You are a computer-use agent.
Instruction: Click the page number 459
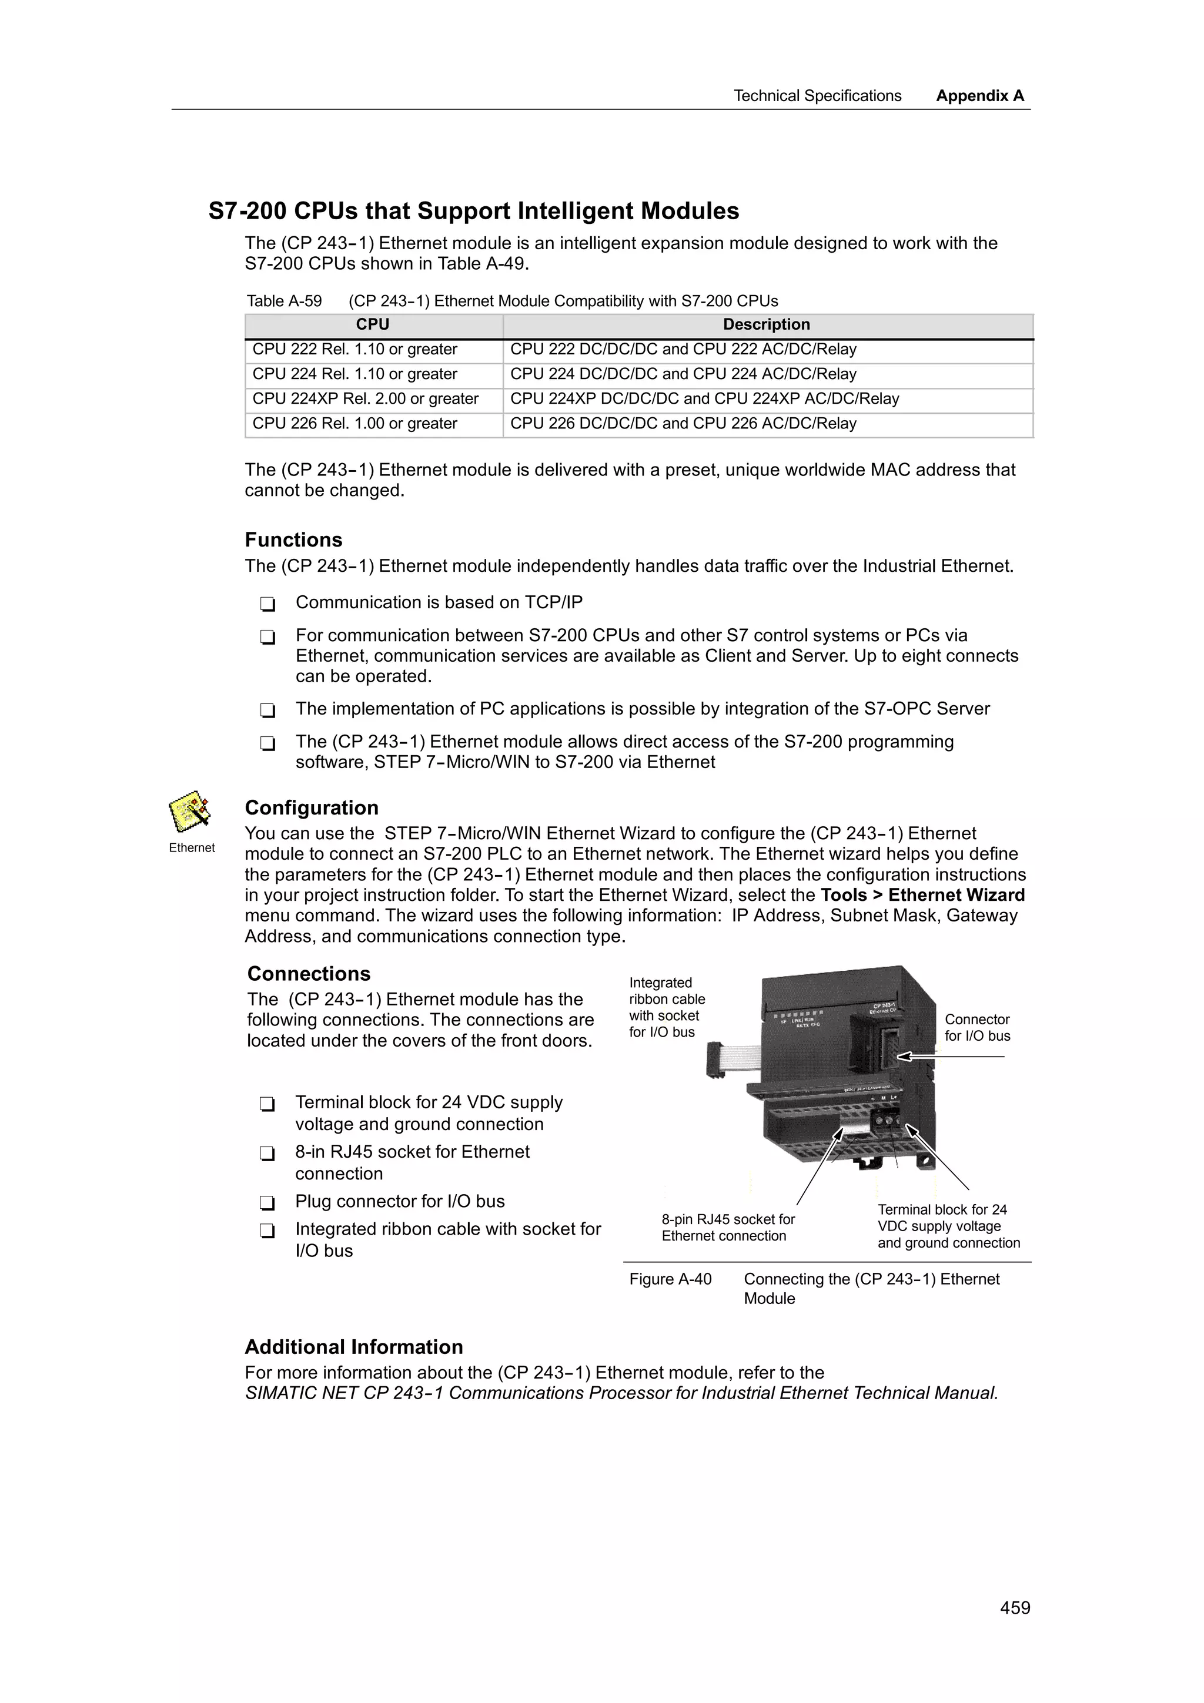[x=1014, y=1608]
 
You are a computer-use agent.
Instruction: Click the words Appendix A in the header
[x=979, y=96]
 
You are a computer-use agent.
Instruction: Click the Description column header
[x=767, y=325]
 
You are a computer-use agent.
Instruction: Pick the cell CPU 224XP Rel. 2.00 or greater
[x=366, y=399]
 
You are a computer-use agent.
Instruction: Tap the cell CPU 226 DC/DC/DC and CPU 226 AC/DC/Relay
[x=683, y=424]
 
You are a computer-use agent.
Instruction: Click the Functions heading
[x=294, y=540]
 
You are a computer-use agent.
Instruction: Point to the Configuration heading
[x=312, y=808]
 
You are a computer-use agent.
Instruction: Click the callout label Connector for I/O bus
[x=977, y=1028]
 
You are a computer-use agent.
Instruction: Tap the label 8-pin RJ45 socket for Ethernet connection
[x=728, y=1228]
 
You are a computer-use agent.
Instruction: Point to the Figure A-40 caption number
[x=670, y=1279]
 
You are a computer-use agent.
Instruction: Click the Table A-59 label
[x=284, y=301]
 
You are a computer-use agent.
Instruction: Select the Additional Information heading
[x=354, y=1347]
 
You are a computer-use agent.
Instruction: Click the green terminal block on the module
[x=885, y=1118]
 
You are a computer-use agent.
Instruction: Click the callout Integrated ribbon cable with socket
[x=666, y=1007]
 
